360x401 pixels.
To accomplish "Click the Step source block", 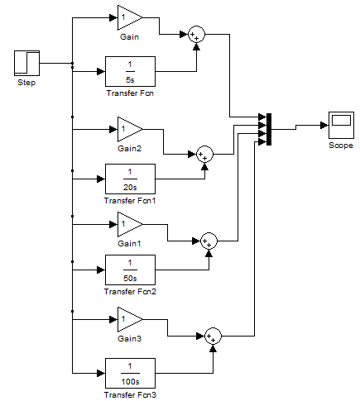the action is (26, 63).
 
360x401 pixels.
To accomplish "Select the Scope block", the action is (341, 125).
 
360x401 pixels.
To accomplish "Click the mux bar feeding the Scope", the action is (269, 129).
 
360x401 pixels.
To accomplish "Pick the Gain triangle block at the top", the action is (130, 17).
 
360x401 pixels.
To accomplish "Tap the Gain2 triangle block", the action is (130, 129).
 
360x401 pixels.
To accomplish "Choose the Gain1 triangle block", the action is (130, 224).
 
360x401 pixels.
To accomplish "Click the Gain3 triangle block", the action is (130, 319).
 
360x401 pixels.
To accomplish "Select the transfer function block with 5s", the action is (130, 72).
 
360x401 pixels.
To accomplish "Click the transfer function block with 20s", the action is (130, 179).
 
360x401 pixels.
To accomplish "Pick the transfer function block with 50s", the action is (130, 270).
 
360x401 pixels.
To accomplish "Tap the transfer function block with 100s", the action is (130, 373).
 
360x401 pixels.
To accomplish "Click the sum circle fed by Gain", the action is (196, 35).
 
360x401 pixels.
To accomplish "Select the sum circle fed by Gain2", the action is (204, 154).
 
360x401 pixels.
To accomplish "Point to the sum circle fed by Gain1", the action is (209, 241).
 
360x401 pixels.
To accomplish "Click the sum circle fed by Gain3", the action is (213, 336).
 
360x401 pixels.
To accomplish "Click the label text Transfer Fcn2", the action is (130, 292).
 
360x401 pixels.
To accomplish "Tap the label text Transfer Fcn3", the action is (130, 395).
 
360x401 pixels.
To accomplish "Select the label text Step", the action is (26, 83).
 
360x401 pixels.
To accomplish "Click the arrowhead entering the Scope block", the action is (324, 125).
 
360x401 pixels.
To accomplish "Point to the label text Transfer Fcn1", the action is (130, 201).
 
